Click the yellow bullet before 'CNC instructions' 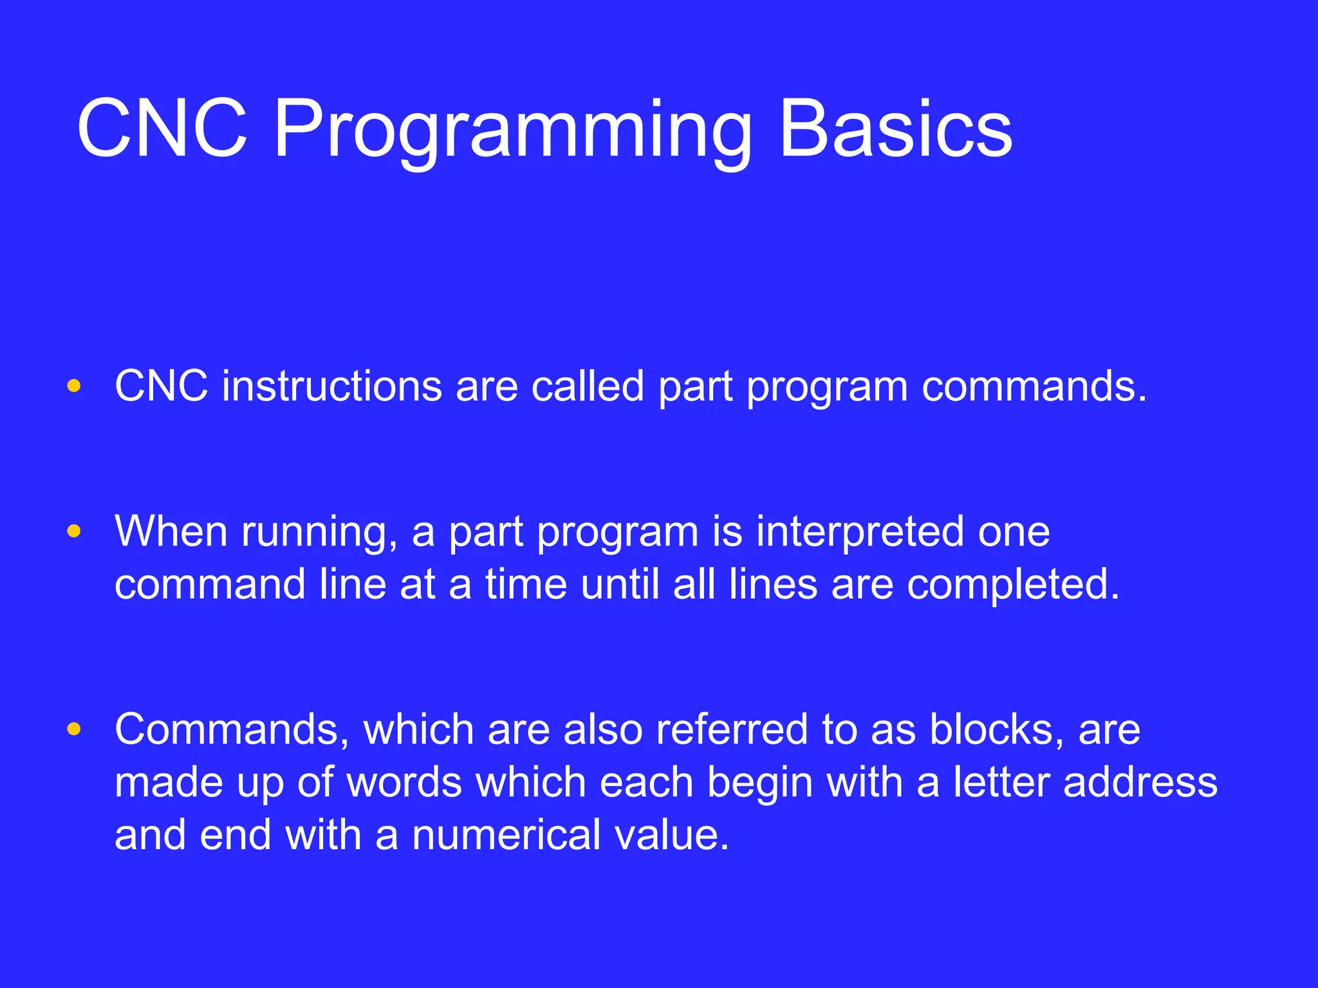[74, 386]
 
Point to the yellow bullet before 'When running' [74, 531]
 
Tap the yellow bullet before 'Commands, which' [74, 729]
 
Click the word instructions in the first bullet [332, 387]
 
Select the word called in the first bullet [588, 387]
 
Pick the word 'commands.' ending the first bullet [1034, 387]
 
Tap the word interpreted [860, 533]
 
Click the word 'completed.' [1014, 585]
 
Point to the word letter [1001, 782]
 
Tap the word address [1140, 782]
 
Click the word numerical [506, 835]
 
